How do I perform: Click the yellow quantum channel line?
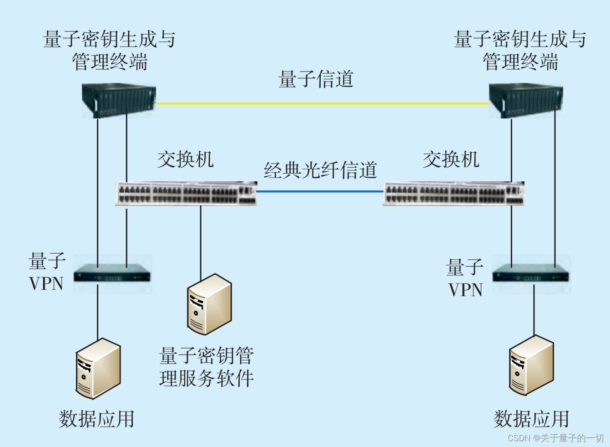pyautogui.click(x=322, y=103)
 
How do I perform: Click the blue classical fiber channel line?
pyautogui.click(x=320, y=191)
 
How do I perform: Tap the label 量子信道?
pyautogui.click(x=316, y=79)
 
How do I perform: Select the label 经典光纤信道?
pyautogui.click(x=320, y=170)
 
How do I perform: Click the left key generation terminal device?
pyautogui.click(x=119, y=101)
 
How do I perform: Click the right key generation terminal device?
pyautogui.click(x=526, y=101)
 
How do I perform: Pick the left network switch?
pyautogui.click(x=186, y=194)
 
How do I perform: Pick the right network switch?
pyautogui.click(x=454, y=194)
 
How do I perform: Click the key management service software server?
pyautogui.click(x=209, y=304)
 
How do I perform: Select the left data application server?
pyautogui.click(x=98, y=368)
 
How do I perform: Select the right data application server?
pyautogui.click(x=531, y=365)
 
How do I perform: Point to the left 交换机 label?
pyautogui.click(x=185, y=159)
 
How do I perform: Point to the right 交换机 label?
pyautogui.click(x=451, y=159)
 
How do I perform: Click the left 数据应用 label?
pyautogui.click(x=96, y=419)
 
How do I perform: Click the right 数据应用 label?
pyautogui.click(x=531, y=419)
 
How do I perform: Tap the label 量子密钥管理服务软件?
pyautogui.click(x=206, y=367)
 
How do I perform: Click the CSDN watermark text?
pyautogui.click(x=555, y=438)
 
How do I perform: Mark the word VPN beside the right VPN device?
pyautogui.click(x=465, y=290)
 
